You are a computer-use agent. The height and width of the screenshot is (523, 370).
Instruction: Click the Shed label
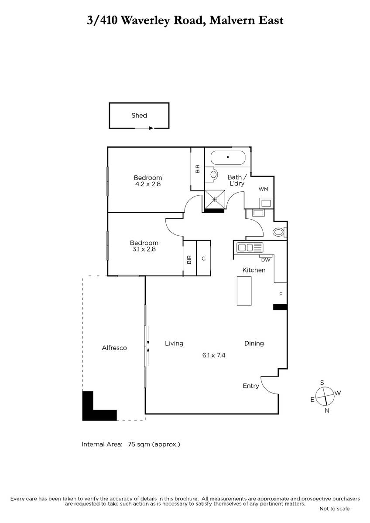point(139,115)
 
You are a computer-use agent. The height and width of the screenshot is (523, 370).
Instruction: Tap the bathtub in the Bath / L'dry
point(228,158)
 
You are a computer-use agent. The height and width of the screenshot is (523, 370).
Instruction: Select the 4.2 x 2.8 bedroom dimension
point(148,184)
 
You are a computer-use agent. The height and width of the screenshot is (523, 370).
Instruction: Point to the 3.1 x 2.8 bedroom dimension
point(144,249)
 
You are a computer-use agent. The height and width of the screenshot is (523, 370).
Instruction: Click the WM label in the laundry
point(264,189)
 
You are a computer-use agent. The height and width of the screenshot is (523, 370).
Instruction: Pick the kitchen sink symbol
point(250,248)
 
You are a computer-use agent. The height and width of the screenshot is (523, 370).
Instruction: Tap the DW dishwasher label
point(266,260)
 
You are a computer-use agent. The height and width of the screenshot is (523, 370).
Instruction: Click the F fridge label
point(281,294)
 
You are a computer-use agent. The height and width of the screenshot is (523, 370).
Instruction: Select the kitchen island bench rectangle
point(244,291)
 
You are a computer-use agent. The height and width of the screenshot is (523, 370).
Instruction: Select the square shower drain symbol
point(215,199)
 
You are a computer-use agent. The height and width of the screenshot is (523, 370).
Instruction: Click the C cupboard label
point(204,258)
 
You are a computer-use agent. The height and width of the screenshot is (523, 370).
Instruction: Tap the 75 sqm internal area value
point(137,444)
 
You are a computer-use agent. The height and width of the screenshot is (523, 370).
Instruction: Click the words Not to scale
point(335,515)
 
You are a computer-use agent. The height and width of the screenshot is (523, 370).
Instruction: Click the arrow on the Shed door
point(144,128)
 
